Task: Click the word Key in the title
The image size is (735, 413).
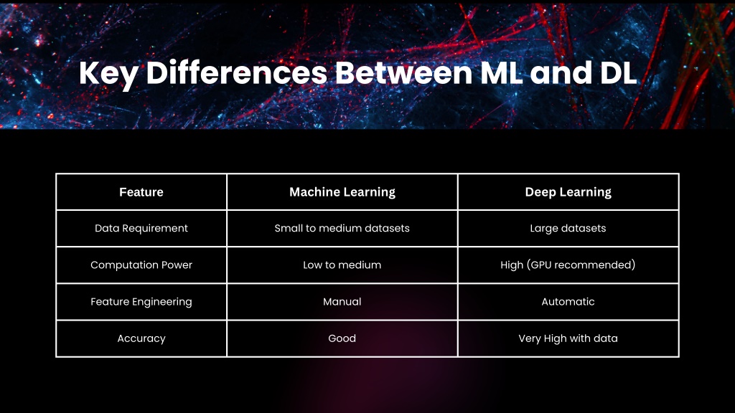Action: point(109,74)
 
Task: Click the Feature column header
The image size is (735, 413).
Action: point(141,192)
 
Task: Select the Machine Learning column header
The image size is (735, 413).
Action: point(342,192)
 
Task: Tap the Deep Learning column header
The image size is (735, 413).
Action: point(568,192)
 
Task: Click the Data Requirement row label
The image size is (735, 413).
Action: point(141,229)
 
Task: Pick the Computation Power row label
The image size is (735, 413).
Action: point(141,265)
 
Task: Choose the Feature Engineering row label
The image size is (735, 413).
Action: point(141,302)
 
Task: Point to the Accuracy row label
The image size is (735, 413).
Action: point(141,338)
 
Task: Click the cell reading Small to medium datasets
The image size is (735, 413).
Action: point(342,229)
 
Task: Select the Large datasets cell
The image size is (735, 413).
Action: point(568,229)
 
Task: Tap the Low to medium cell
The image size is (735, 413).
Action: point(342,265)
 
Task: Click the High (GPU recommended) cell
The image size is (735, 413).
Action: point(568,265)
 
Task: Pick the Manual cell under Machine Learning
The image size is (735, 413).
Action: point(342,302)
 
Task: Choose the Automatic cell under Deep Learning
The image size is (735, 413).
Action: point(568,302)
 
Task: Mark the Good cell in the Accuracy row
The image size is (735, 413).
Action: point(342,338)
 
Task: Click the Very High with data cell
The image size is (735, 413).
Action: point(568,338)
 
